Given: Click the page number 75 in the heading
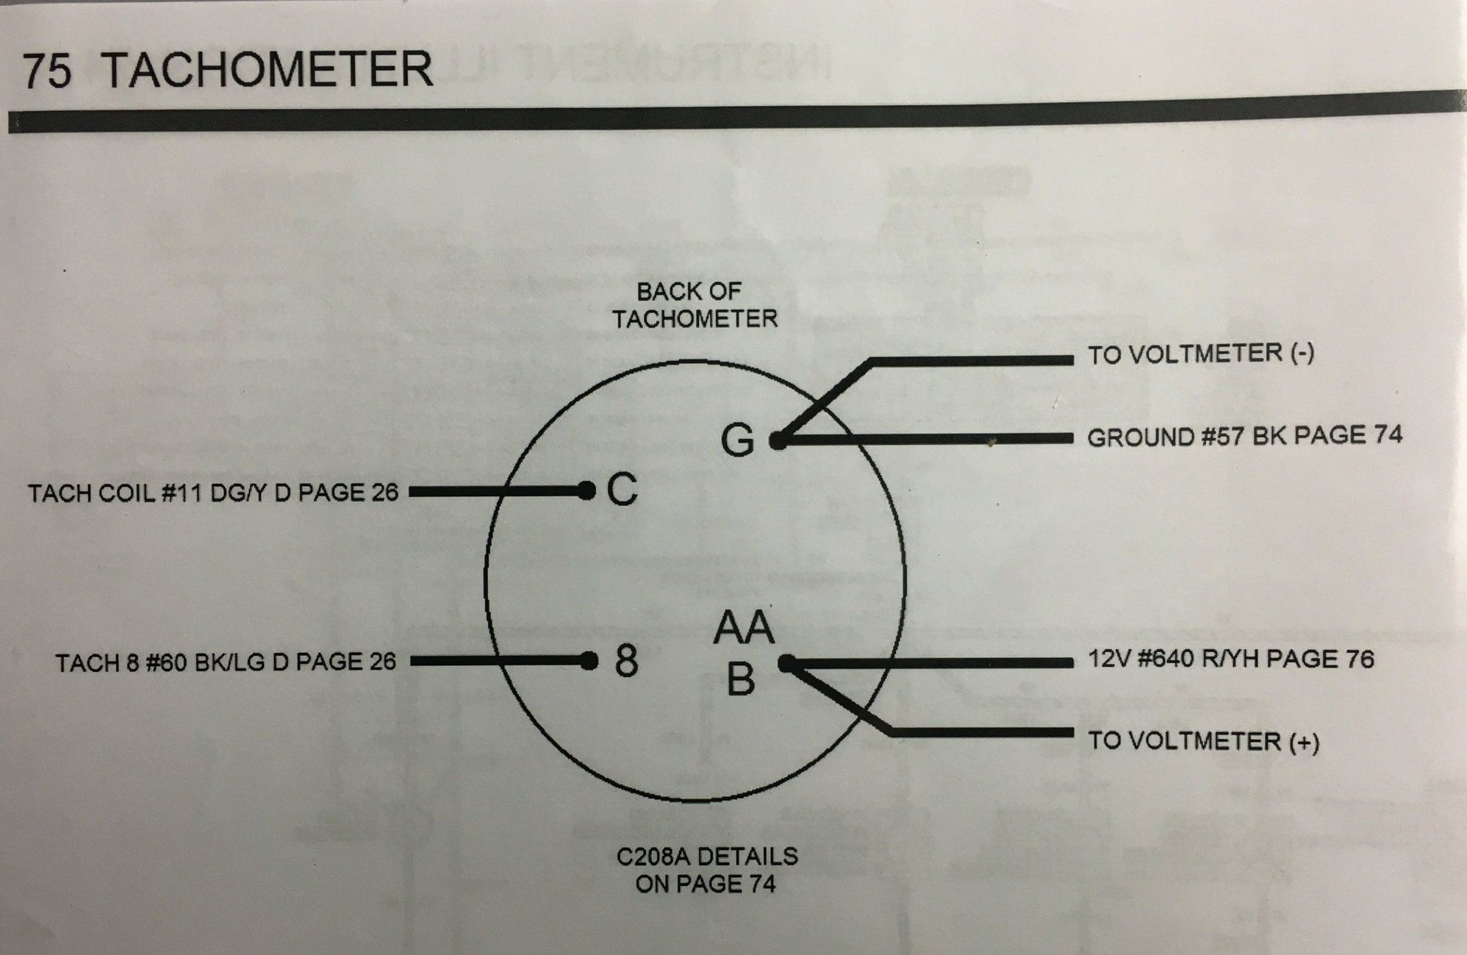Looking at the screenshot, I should (47, 71).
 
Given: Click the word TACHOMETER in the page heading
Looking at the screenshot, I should (268, 69).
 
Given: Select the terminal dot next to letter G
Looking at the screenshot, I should (778, 441).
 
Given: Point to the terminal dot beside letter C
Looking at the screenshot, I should (586, 490).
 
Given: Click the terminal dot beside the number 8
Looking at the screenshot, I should (589, 662).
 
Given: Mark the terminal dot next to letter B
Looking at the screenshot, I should (786, 664).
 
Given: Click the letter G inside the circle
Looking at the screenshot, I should (737, 440).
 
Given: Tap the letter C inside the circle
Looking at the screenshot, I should (622, 490).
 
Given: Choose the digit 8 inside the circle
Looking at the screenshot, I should (625, 662).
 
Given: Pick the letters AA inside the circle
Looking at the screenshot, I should (744, 628).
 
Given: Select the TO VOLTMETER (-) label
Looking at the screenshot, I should (1200, 354).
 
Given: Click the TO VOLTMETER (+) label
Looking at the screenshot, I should (1203, 740).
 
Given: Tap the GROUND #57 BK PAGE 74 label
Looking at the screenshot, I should (1244, 437).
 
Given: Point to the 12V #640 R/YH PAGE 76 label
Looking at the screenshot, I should (1230, 659).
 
